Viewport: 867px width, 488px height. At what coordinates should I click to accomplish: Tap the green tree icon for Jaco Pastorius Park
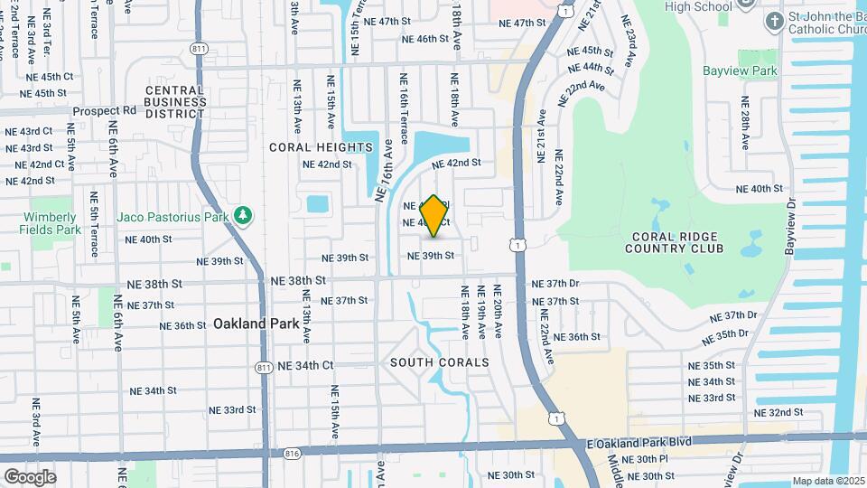pos(242,216)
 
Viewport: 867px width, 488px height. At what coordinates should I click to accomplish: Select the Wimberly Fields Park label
pos(51,223)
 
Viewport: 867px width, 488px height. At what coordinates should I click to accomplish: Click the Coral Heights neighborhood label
pos(308,146)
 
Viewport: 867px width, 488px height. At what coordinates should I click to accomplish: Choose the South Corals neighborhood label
pos(440,362)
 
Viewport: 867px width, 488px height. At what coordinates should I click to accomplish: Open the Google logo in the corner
pos(30,476)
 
